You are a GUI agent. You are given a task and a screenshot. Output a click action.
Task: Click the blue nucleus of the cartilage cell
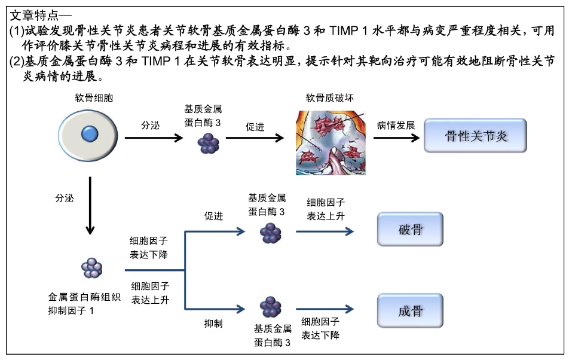click(x=90, y=134)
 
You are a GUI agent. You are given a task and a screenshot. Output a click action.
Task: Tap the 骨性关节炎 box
click(x=475, y=135)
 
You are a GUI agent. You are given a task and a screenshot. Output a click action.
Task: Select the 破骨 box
click(x=410, y=229)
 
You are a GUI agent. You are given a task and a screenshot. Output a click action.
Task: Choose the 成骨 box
click(x=410, y=310)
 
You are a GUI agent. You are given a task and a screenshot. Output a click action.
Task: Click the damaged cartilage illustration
click(x=331, y=143)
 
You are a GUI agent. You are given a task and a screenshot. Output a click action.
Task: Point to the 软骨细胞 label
click(x=94, y=97)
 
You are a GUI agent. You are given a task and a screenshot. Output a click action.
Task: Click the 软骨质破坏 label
click(x=329, y=97)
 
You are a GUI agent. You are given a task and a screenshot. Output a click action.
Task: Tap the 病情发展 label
click(x=396, y=126)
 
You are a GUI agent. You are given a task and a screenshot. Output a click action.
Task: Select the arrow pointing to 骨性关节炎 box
click(x=396, y=138)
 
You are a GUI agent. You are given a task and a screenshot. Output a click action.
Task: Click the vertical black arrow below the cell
click(x=90, y=206)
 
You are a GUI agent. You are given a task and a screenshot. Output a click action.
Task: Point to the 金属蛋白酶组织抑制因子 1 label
click(x=84, y=304)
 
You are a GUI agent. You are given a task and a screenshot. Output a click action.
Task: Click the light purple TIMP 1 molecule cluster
click(x=92, y=268)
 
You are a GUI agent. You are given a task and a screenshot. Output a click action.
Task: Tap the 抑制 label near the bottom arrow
click(x=213, y=324)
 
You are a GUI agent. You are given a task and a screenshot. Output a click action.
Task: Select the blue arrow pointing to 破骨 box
click(x=325, y=231)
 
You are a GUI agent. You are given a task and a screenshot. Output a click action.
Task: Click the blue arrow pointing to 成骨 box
click(x=325, y=309)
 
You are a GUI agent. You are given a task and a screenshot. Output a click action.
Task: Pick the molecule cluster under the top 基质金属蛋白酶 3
click(x=208, y=144)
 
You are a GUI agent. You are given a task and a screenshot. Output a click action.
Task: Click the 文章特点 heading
click(x=34, y=15)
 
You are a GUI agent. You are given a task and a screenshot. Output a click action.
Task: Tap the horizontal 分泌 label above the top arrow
click(x=150, y=126)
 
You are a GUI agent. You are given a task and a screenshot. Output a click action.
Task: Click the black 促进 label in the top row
click(x=255, y=127)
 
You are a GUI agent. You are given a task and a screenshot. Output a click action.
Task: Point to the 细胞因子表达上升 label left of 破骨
click(x=326, y=209)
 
